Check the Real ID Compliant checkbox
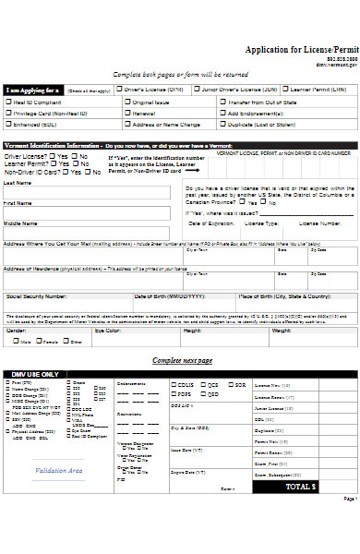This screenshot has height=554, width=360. [8, 101]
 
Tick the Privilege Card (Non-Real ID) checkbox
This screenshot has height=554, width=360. [8, 112]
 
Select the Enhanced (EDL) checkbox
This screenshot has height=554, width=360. [8, 123]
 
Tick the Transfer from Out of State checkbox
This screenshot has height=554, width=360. [222, 101]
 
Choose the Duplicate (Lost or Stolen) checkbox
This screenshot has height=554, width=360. [222, 123]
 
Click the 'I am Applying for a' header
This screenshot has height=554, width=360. [32, 90]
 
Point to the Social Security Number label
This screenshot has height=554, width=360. [37, 297]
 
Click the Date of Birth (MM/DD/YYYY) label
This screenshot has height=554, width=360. [165, 297]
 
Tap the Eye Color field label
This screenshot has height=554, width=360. [108, 330]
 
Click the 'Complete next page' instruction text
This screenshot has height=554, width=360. [183, 359]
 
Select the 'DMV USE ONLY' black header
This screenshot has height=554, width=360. [37, 374]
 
